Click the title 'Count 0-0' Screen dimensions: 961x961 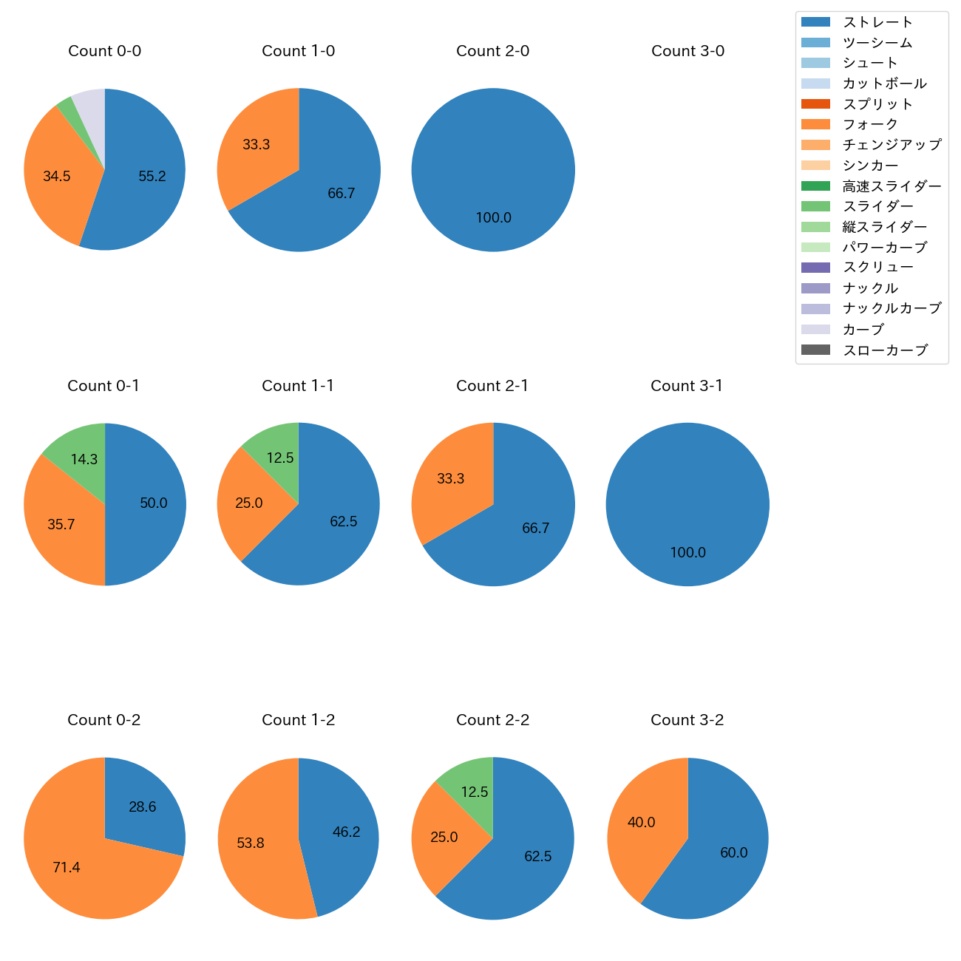[x=104, y=51]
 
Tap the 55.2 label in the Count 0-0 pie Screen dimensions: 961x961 [x=152, y=176]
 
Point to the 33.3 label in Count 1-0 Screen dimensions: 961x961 [x=256, y=145]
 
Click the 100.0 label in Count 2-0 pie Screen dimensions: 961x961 [x=493, y=218]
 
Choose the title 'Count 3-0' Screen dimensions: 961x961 [x=687, y=51]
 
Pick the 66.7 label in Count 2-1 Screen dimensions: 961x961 [x=535, y=529]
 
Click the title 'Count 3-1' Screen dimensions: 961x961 [x=687, y=386]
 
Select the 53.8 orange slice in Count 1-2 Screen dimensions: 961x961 [x=251, y=843]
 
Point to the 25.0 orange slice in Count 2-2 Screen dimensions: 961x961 [x=444, y=838]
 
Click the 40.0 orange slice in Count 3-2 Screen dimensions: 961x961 [x=641, y=823]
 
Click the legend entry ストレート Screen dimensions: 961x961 [x=877, y=22]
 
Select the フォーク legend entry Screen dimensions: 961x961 [x=870, y=124]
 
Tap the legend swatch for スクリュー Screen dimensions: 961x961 [x=815, y=268]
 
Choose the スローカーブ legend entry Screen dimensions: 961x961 [x=885, y=350]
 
